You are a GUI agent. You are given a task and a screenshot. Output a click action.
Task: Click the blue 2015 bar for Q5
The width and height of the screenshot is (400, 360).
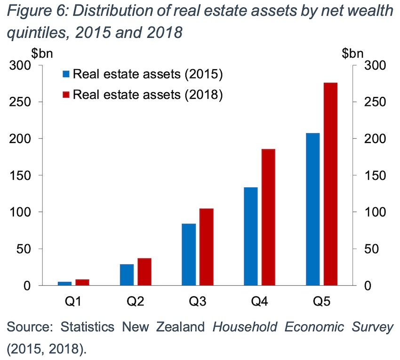[312, 209]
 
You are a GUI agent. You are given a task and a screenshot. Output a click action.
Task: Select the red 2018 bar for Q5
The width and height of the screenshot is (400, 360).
[331, 184]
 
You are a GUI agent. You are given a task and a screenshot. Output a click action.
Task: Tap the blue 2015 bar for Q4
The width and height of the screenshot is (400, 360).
[251, 236]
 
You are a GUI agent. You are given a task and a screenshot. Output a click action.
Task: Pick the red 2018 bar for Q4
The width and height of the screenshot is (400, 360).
[269, 217]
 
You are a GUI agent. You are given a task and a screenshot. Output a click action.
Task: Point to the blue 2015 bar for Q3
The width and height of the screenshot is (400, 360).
[189, 254]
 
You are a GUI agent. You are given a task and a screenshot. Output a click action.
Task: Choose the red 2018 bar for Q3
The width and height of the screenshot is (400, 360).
[207, 247]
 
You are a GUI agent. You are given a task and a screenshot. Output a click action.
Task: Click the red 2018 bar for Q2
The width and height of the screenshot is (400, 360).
[145, 272]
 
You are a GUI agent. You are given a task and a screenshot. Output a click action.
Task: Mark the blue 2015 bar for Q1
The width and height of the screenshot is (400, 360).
[64, 283]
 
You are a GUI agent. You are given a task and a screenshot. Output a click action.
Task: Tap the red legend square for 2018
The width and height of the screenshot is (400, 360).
[66, 94]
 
